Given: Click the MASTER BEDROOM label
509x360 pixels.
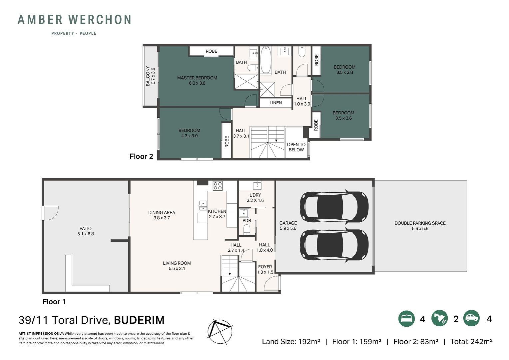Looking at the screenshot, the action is (197, 78).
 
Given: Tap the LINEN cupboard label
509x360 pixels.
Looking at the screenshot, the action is (275, 103).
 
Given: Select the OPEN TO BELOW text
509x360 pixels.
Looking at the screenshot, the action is (296, 147).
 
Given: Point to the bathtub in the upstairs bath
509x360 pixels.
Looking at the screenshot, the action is (265, 60).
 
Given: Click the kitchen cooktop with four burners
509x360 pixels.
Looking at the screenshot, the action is (218, 186).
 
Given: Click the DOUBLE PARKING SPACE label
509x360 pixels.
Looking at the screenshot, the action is (420, 223).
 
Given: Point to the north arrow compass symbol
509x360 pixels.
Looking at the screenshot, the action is (220, 332).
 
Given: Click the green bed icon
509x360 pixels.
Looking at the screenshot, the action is (406, 319).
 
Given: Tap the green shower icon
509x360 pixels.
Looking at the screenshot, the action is (439, 319).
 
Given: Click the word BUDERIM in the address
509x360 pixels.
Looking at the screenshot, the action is (139, 320).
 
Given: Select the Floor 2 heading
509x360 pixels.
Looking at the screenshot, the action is (141, 156).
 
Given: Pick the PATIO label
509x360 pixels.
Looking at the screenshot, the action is (85, 229).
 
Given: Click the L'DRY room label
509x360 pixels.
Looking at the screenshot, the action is (255, 195).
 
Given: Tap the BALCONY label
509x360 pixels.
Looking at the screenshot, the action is (148, 76).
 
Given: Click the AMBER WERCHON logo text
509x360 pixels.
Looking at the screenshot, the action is (74, 19).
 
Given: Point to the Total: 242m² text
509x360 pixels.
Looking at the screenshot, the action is (471, 342).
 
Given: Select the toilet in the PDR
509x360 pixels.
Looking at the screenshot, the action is (247, 230).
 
